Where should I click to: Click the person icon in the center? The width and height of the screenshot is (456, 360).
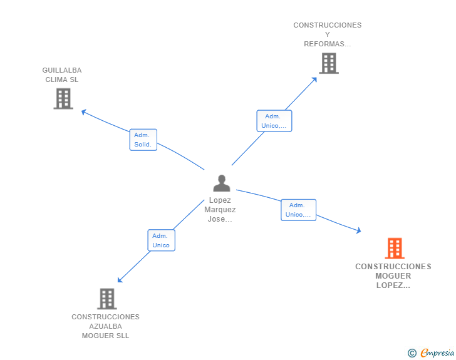(222, 183)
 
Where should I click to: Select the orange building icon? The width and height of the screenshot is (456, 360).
(394, 249)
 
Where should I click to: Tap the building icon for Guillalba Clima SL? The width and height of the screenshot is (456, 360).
(63, 98)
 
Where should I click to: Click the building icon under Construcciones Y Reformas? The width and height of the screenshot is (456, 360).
(328, 63)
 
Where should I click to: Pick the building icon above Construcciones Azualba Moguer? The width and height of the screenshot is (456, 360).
(106, 299)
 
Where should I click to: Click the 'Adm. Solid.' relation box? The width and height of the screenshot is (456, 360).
(143, 140)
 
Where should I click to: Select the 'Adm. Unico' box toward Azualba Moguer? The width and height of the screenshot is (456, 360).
(161, 240)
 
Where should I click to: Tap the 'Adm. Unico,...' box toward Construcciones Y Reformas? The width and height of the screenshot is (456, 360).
(274, 121)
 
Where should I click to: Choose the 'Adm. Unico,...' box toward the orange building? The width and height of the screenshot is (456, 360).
(298, 210)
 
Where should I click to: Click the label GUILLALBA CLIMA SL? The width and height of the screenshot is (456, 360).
(62, 75)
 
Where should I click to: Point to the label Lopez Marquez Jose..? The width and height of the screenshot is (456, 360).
(220, 210)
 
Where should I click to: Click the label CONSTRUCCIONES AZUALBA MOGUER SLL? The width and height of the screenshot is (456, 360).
(105, 326)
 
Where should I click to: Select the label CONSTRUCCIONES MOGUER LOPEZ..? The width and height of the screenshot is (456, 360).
(393, 275)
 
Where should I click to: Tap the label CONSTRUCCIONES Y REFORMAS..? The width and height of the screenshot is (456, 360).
(328, 34)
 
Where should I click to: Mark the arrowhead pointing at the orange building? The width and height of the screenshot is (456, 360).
(359, 230)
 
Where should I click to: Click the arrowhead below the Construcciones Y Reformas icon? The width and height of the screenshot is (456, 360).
(315, 78)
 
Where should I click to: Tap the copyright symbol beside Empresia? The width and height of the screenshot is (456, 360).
(412, 353)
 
